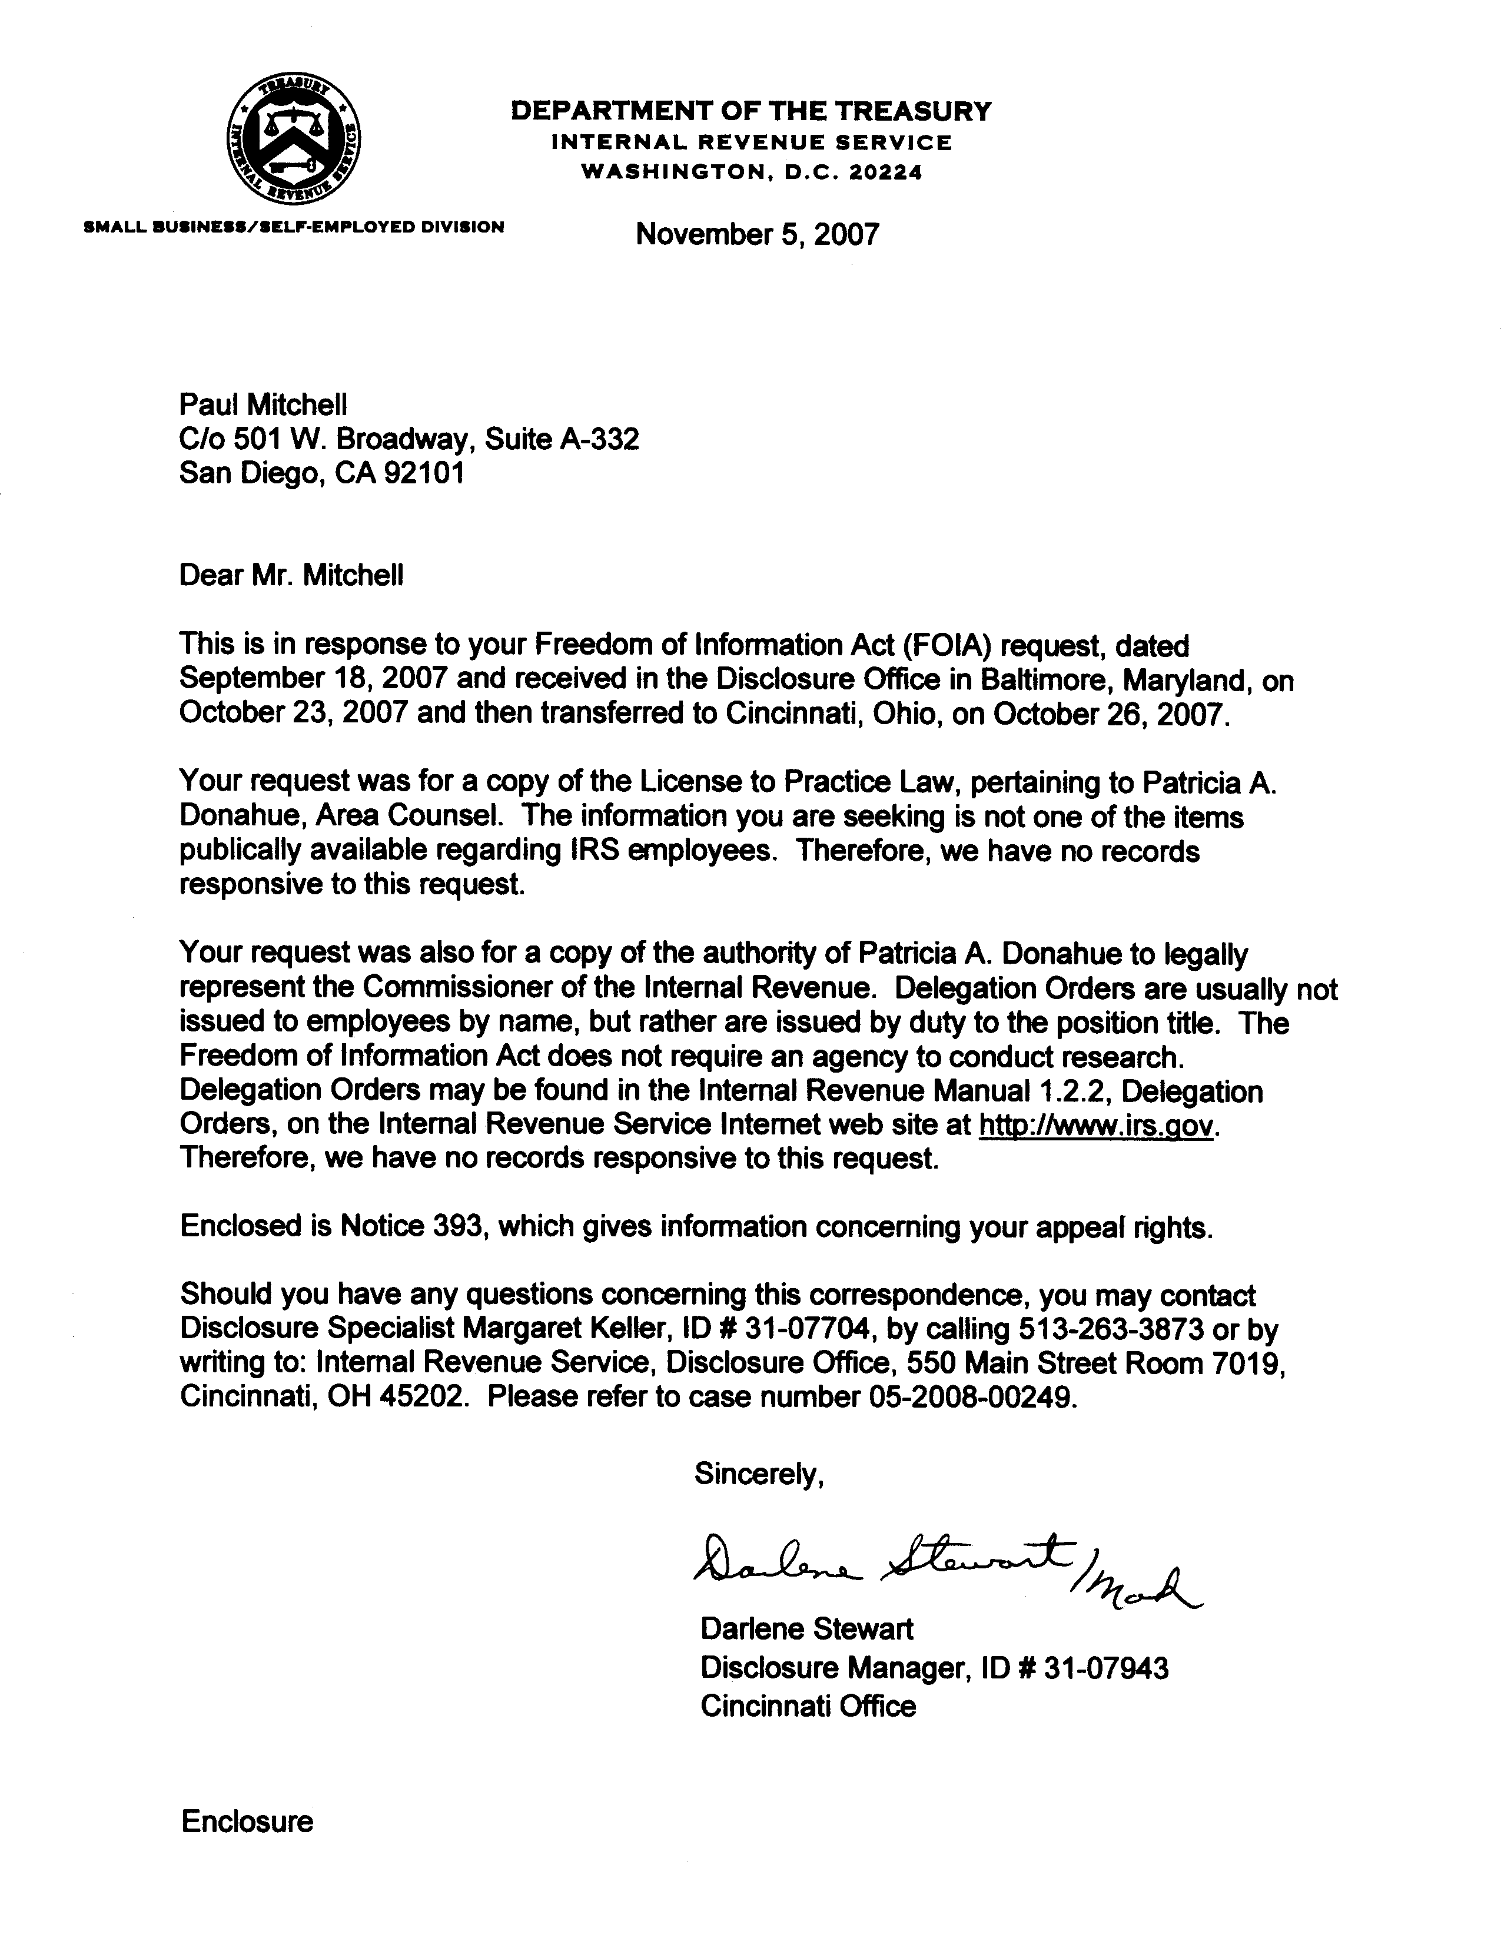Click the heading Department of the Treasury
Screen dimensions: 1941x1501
pos(751,111)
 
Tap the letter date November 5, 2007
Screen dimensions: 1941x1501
pos(757,235)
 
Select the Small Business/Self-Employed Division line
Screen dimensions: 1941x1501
pos(293,227)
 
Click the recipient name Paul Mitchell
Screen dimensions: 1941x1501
pos(263,405)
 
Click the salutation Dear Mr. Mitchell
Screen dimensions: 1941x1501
pos(291,575)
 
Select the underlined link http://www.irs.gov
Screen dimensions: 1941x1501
pos(1096,1125)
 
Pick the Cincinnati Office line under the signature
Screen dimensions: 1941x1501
pos(808,1706)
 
